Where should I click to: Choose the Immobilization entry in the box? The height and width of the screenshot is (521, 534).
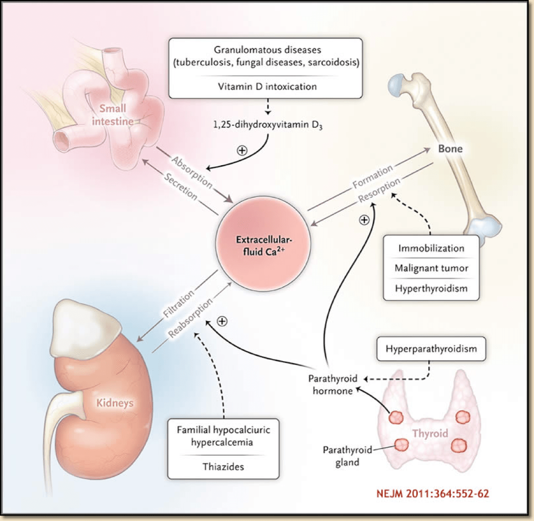431,249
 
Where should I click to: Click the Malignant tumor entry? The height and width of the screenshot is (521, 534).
431,269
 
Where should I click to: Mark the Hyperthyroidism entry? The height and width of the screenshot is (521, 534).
431,289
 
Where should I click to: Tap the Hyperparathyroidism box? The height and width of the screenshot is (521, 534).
432,349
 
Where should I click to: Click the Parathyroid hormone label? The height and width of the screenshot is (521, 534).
331,384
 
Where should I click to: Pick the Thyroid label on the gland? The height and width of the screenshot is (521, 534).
430,433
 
